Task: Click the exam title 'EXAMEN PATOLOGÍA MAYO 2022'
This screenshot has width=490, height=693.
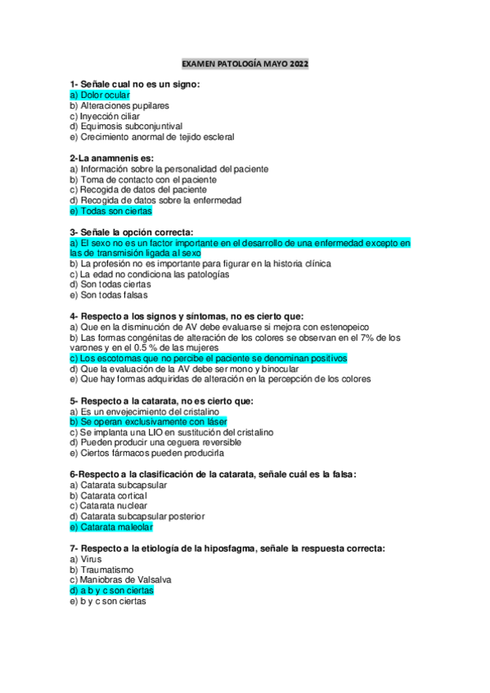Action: [x=245, y=63]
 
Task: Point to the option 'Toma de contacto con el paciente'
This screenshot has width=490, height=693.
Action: [x=143, y=179]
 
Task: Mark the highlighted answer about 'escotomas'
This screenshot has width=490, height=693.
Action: [x=209, y=358]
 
